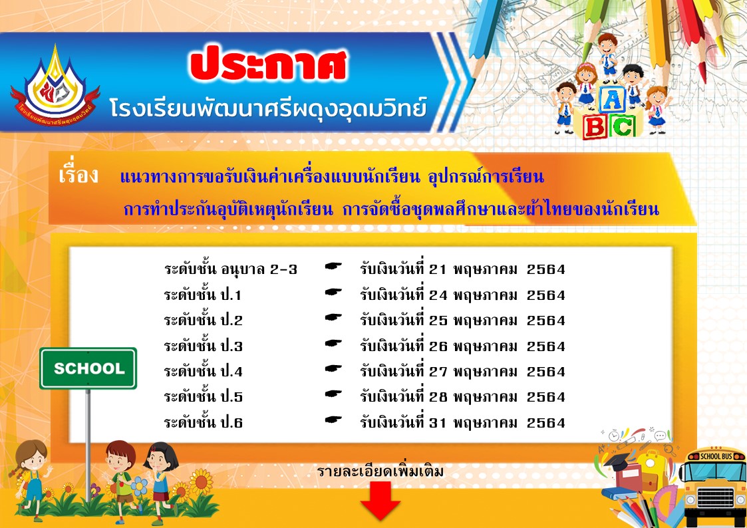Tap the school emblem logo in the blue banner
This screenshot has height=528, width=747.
(x=55, y=86)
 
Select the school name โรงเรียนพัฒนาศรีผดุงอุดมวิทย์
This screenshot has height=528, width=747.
(x=268, y=108)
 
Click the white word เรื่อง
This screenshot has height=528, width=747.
(x=78, y=174)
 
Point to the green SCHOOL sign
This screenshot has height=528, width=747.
(x=88, y=368)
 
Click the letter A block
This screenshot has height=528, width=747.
(x=612, y=100)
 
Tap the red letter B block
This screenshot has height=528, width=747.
(x=595, y=127)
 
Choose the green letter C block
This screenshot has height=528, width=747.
(x=622, y=126)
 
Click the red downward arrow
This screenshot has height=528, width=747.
(x=380, y=501)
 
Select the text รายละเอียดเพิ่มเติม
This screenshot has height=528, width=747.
(x=380, y=471)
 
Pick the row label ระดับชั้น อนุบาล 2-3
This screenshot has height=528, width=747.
(x=231, y=269)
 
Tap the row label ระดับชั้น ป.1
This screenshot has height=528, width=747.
(x=203, y=295)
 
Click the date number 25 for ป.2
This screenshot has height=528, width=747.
(x=438, y=321)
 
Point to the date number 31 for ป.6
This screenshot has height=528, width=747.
(x=438, y=422)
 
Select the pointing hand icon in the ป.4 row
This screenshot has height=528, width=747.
(x=333, y=368)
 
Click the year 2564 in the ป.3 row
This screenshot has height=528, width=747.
(x=546, y=346)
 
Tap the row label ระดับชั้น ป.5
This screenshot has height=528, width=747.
(x=203, y=396)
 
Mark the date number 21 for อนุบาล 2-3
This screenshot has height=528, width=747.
(x=438, y=269)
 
